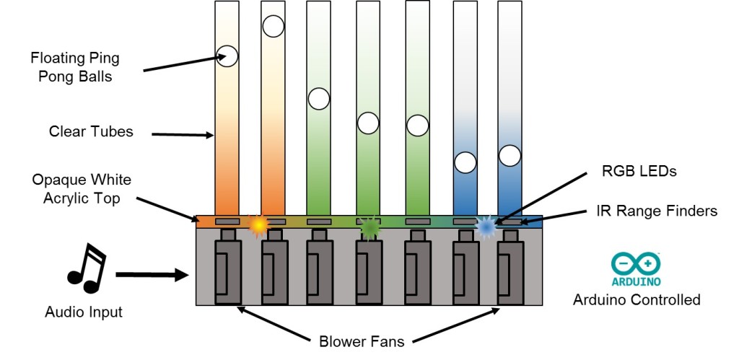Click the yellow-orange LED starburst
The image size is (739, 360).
coord(258,226)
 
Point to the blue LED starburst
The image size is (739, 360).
coord(486,227)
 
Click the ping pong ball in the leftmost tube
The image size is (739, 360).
coord(227,56)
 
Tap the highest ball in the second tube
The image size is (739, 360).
coord(273,26)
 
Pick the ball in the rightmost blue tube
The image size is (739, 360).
coord(510,155)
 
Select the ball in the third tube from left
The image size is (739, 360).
coord(318,98)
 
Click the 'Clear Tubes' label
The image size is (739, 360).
coord(91,132)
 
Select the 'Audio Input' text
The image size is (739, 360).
coord(84,312)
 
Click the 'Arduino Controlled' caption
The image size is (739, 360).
coord(637,299)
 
